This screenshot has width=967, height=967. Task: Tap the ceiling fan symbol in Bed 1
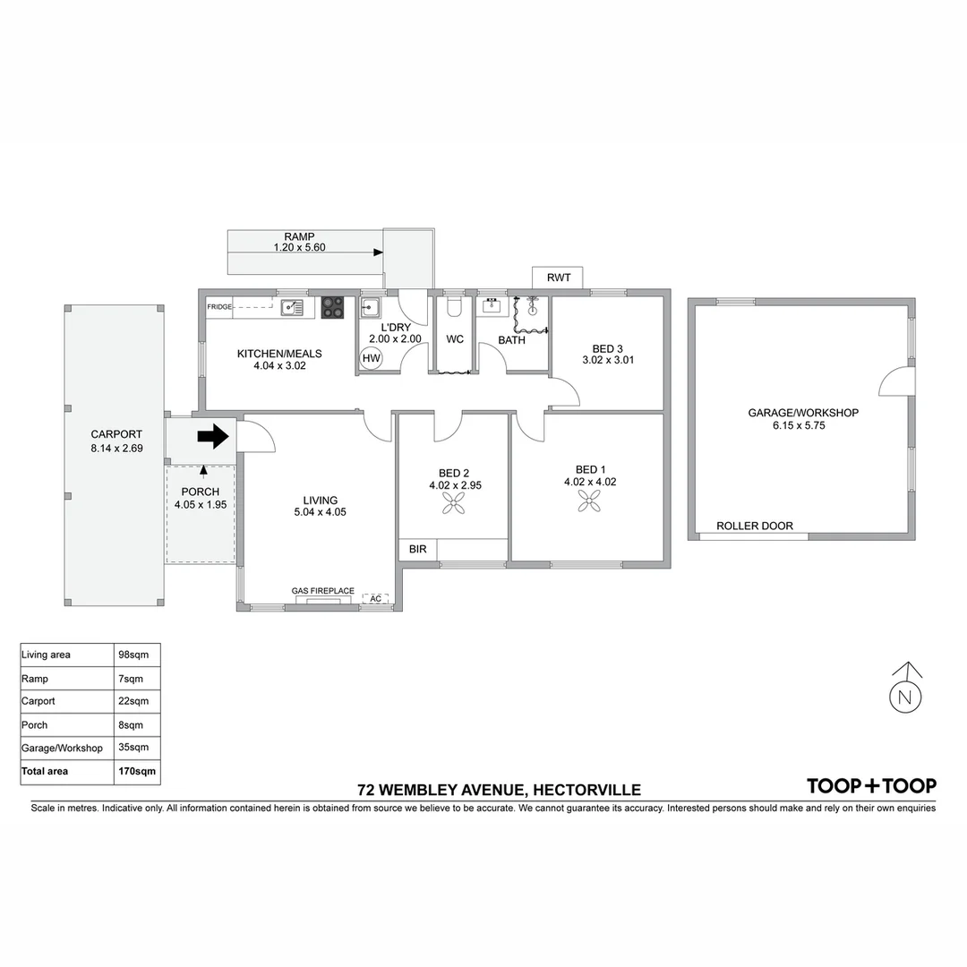click(x=589, y=504)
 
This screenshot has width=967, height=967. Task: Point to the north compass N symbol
click(x=905, y=694)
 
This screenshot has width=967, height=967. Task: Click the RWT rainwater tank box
click(x=558, y=278)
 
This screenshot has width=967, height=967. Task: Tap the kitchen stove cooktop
click(x=332, y=307)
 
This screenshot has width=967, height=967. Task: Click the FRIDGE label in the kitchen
click(x=219, y=307)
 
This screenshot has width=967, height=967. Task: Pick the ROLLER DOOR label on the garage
click(x=754, y=526)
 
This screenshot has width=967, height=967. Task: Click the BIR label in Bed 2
click(x=417, y=549)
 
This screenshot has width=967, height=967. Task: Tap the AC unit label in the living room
click(x=376, y=598)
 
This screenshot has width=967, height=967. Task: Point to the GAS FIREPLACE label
click(x=322, y=591)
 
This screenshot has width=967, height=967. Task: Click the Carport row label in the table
click(x=39, y=701)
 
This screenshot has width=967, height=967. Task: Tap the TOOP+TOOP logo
click(x=871, y=785)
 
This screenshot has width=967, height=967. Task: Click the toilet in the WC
click(x=454, y=309)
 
